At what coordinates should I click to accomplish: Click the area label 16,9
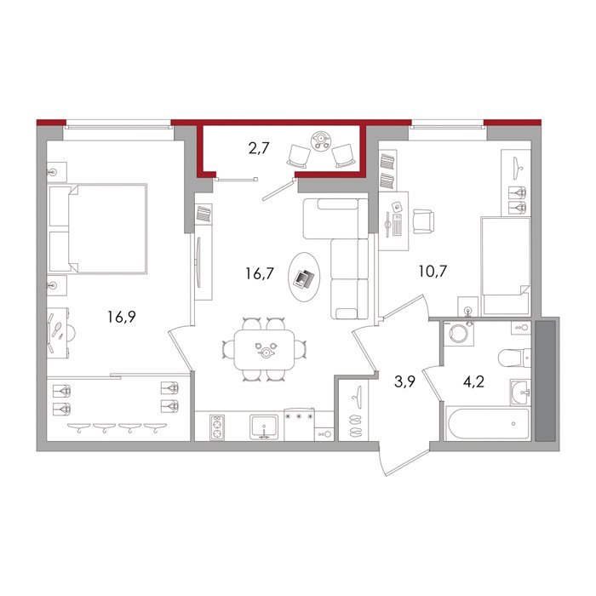[121, 316]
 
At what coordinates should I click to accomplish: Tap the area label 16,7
[260, 273]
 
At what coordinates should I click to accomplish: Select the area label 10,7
[433, 272]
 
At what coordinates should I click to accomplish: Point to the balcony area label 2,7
[259, 148]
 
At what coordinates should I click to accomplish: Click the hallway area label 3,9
[404, 381]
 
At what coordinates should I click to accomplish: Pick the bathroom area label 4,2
[473, 381]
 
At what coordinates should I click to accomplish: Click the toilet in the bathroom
[514, 358]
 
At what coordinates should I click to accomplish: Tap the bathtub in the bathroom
[489, 423]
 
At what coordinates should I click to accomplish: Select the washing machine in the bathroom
[459, 334]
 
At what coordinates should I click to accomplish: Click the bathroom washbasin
[519, 392]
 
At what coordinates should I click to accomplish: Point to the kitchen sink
[264, 427]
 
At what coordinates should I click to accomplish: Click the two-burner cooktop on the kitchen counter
[217, 427]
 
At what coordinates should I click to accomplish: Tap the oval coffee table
[304, 277]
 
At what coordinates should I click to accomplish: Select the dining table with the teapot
[265, 350]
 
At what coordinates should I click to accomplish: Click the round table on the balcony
[321, 140]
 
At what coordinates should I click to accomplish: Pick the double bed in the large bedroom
[98, 228]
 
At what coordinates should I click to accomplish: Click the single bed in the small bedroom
[506, 266]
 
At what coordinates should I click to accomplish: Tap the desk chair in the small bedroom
[423, 221]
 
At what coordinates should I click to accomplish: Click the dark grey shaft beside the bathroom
[545, 381]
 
